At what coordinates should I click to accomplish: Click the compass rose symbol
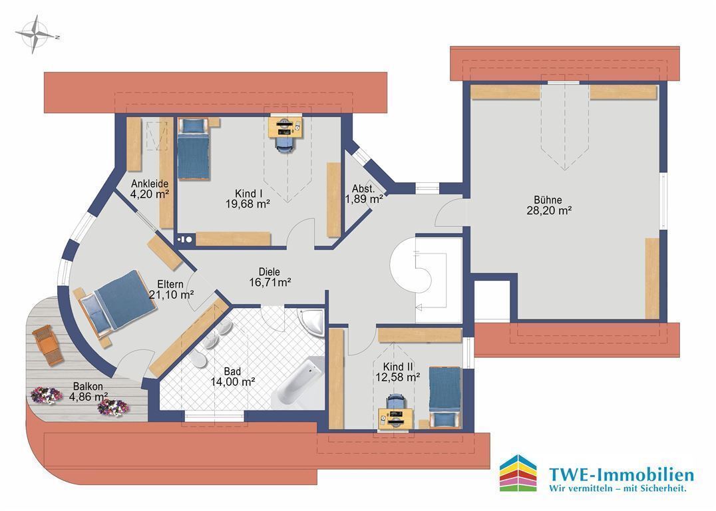pyautogui.click(x=35, y=34)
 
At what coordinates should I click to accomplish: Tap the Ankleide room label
pyautogui.click(x=150, y=184)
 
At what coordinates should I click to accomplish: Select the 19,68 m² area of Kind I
pyautogui.click(x=248, y=204)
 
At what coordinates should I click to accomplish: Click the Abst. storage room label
pyautogui.click(x=363, y=188)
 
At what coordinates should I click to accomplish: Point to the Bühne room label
pyautogui.click(x=548, y=200)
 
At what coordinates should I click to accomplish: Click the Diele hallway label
pyautogui.click(x=269, y=272)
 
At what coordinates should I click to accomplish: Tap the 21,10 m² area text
pyautogui.click(x=172, y=295)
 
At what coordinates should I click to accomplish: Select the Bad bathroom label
pyautogui.click(x=232, y=372)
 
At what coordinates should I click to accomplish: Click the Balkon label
pyautogui.click(x=88, y=387)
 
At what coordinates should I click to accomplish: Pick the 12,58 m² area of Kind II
pyautogui.click(x=398, y=377)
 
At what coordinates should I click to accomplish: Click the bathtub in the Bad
pyautogui.click(x=301, y=382)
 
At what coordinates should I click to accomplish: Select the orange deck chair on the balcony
pyautogui.click(x=47, y=345)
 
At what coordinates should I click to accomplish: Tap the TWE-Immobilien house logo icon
pyautogui.click(x=518, y=473)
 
